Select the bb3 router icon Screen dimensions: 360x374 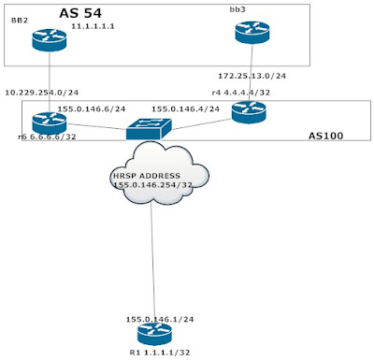click(252, 34)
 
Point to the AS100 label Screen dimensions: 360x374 click(327, 137)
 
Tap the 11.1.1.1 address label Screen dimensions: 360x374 click(94, 28)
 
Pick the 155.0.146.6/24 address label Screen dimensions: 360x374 click(91, 108)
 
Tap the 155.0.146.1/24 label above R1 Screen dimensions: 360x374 click(159, 319)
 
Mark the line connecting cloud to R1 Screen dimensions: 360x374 click(151, 262)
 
